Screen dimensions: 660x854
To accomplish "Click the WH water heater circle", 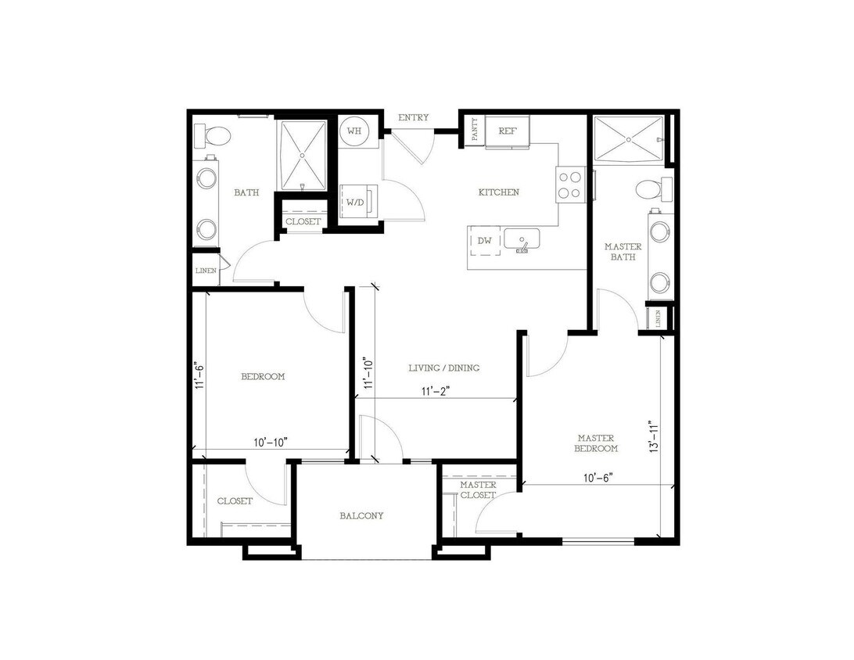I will click(x=353, y=131).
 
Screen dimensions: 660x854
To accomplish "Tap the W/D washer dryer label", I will click(x=354, y=202).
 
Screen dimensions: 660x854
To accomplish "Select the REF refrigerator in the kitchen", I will click(x=508, y=131).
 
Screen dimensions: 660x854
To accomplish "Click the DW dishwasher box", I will click(x=485, y=242).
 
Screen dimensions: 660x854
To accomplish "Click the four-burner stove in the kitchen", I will click(x=569, y=183).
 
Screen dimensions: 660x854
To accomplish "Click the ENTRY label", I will click(x=413, y=118).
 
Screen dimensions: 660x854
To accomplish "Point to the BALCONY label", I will click(x=361, y=516).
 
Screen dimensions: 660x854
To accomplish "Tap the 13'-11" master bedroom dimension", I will click(x=655, y=437).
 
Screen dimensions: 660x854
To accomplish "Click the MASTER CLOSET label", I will click(x=478, y=490).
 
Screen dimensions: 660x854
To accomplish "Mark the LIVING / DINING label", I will click(x=444, y=368).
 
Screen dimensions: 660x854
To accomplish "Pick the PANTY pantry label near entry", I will click(x=475, y=130).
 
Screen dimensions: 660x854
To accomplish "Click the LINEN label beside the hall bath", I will click(x=206, y=271).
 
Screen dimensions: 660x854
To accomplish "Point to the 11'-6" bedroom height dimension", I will click(x=200, y=375).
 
